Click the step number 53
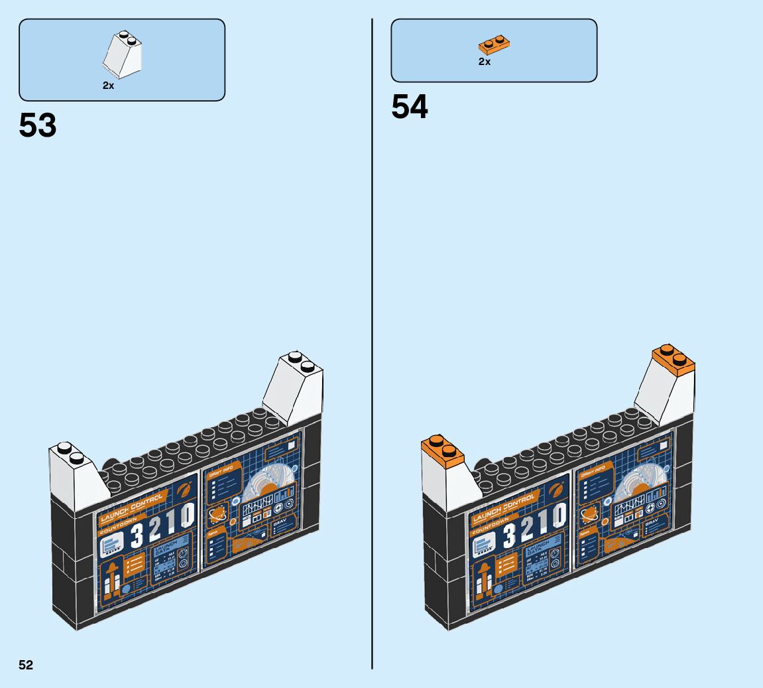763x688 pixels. tap(38, 125)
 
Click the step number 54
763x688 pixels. tap(410, 107)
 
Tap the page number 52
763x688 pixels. tap(26, 665)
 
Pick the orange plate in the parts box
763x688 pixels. tap(494, 45)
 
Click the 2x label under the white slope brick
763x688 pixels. tap(108, 86)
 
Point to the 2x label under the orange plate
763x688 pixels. tap(485, 62)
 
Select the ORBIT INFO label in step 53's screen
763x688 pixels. tap(221, 472)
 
